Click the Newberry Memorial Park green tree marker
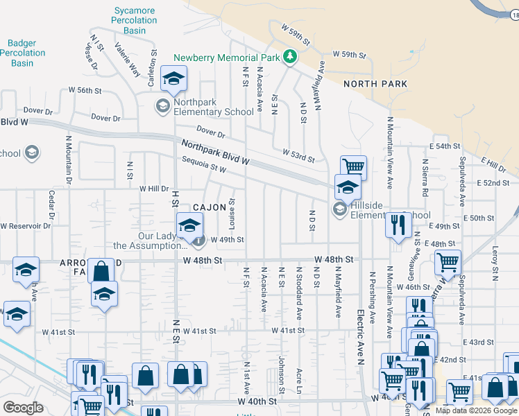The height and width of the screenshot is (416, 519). coord(291,58)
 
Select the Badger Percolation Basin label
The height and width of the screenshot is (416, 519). coord(27,53)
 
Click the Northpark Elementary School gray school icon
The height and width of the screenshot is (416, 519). coord(162,106)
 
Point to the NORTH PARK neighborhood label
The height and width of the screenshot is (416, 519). coord(375,84)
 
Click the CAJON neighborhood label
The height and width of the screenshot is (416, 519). coord(210,207)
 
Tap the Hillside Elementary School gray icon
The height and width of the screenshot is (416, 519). coord(339,209)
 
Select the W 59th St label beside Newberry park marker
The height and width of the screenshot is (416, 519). coord(348,54)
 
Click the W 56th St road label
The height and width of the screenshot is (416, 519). coord(85,91)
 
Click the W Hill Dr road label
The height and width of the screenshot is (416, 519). coord(154,189)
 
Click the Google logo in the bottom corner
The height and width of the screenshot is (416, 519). coord(23,407)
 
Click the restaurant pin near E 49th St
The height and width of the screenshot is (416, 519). coord(398,225)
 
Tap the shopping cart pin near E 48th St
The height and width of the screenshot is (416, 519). coord(448,263)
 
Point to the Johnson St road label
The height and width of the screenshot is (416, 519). coord(282,371)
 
